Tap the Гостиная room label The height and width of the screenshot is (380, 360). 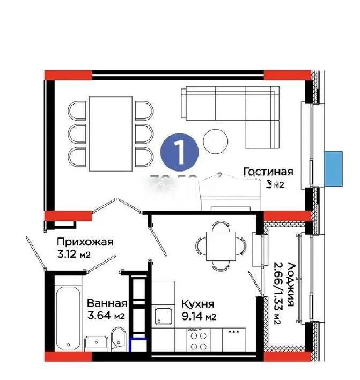pos(268,172)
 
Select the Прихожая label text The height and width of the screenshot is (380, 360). pos(85,242)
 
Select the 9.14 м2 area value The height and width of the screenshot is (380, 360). pos(199,316)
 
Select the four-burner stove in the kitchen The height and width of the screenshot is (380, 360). pos(198,339)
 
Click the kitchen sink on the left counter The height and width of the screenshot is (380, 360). pos(163,316)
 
